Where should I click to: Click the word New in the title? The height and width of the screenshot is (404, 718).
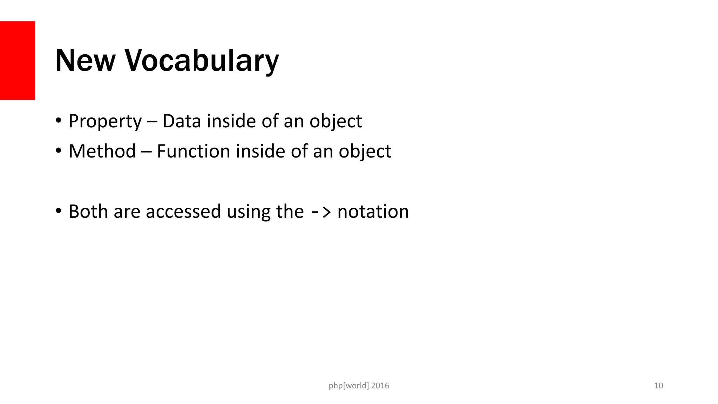click(85, 61)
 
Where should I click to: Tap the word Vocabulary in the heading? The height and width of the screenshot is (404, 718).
click(202, 61)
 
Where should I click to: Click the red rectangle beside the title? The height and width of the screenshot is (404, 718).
click(17, 60)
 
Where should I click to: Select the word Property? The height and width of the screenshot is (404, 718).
click(105, 122)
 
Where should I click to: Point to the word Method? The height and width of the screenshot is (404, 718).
click(102, 151)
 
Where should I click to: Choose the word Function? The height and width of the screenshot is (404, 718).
click(193, 151)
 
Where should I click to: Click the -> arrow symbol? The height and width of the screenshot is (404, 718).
click(320, 212)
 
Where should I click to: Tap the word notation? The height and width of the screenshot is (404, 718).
click(373, 211)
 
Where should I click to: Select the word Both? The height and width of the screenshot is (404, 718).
click(88, 211)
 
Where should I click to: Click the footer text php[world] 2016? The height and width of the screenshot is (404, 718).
click(359, 386)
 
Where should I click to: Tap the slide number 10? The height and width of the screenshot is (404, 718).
click(658, 386)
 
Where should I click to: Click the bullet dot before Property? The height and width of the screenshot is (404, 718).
click(59, 121)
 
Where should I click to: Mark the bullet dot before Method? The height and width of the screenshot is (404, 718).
click(59, 151)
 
